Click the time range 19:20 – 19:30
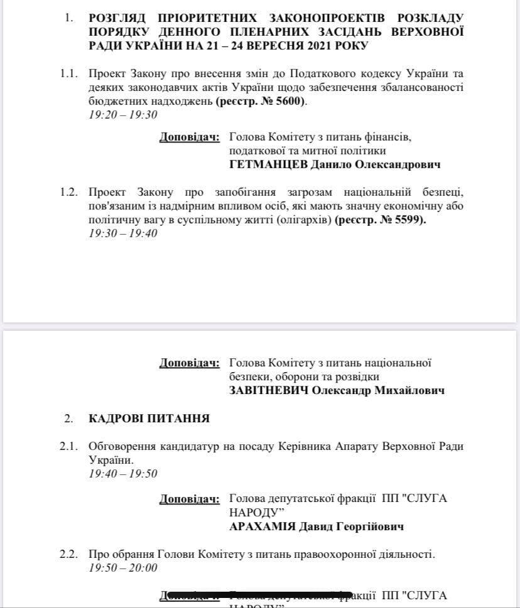click(x=122, y=115)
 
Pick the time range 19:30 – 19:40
click(x=122, y=233)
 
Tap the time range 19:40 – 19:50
click(x=122, y=474)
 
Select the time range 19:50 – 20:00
click(x=122, y=568)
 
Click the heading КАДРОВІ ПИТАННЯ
click(x=149, y=418)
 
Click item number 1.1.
click(x=69, y=73)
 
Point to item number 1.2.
click(x=69, y=192)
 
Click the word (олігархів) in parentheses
click(x=300, y=220)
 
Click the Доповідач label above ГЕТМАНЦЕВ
click(x=190, y=137)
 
